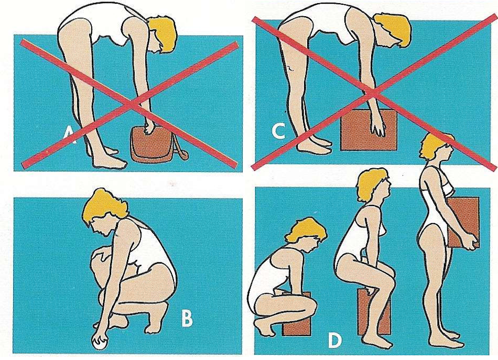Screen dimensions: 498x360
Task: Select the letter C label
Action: coord(278,132)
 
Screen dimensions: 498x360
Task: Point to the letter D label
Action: coord(334,342)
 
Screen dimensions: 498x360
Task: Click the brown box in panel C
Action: coord(369,130)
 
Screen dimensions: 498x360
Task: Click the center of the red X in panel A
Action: coord(130,104)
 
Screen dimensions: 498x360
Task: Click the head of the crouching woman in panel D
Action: coord(305,234)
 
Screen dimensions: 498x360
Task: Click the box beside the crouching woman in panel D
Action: coord(297,314)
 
